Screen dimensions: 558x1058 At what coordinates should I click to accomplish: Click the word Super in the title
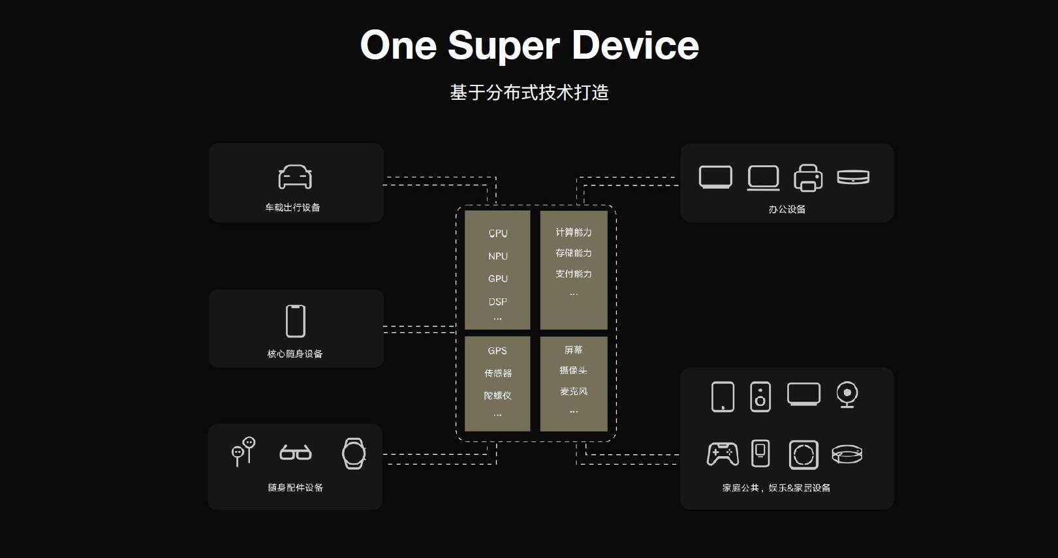(503, 46)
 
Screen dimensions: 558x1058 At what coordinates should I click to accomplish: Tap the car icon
(295, 177)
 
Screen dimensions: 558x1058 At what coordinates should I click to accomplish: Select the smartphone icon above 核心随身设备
(296, 321)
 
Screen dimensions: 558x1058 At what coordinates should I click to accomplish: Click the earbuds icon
(243, 452)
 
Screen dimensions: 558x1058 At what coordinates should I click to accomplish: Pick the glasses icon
(296, 452)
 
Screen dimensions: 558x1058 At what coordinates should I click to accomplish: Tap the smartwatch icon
(354, 454)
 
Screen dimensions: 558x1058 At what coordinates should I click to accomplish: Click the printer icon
(808, 178)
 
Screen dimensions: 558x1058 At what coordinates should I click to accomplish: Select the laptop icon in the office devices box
(763, 178)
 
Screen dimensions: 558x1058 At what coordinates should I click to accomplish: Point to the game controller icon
(723, 454)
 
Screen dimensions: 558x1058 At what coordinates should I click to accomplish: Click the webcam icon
(847, 395)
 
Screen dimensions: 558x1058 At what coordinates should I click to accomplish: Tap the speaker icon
(760, 397)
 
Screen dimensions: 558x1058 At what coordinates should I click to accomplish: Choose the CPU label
(498, 233)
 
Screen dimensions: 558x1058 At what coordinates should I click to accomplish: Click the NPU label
(498, 256)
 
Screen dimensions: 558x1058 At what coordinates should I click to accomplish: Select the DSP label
(498, 302)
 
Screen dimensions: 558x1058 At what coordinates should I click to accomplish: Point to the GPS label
(497, 350)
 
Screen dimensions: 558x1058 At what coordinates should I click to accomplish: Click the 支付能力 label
(574, 274)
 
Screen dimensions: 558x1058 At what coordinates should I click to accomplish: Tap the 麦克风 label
(574, 392)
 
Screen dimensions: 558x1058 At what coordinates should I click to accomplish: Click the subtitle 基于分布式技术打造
(529, 93)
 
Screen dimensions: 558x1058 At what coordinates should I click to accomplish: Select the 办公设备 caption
(787, 209)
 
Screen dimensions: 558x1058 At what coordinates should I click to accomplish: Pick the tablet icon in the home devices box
(723, 396)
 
